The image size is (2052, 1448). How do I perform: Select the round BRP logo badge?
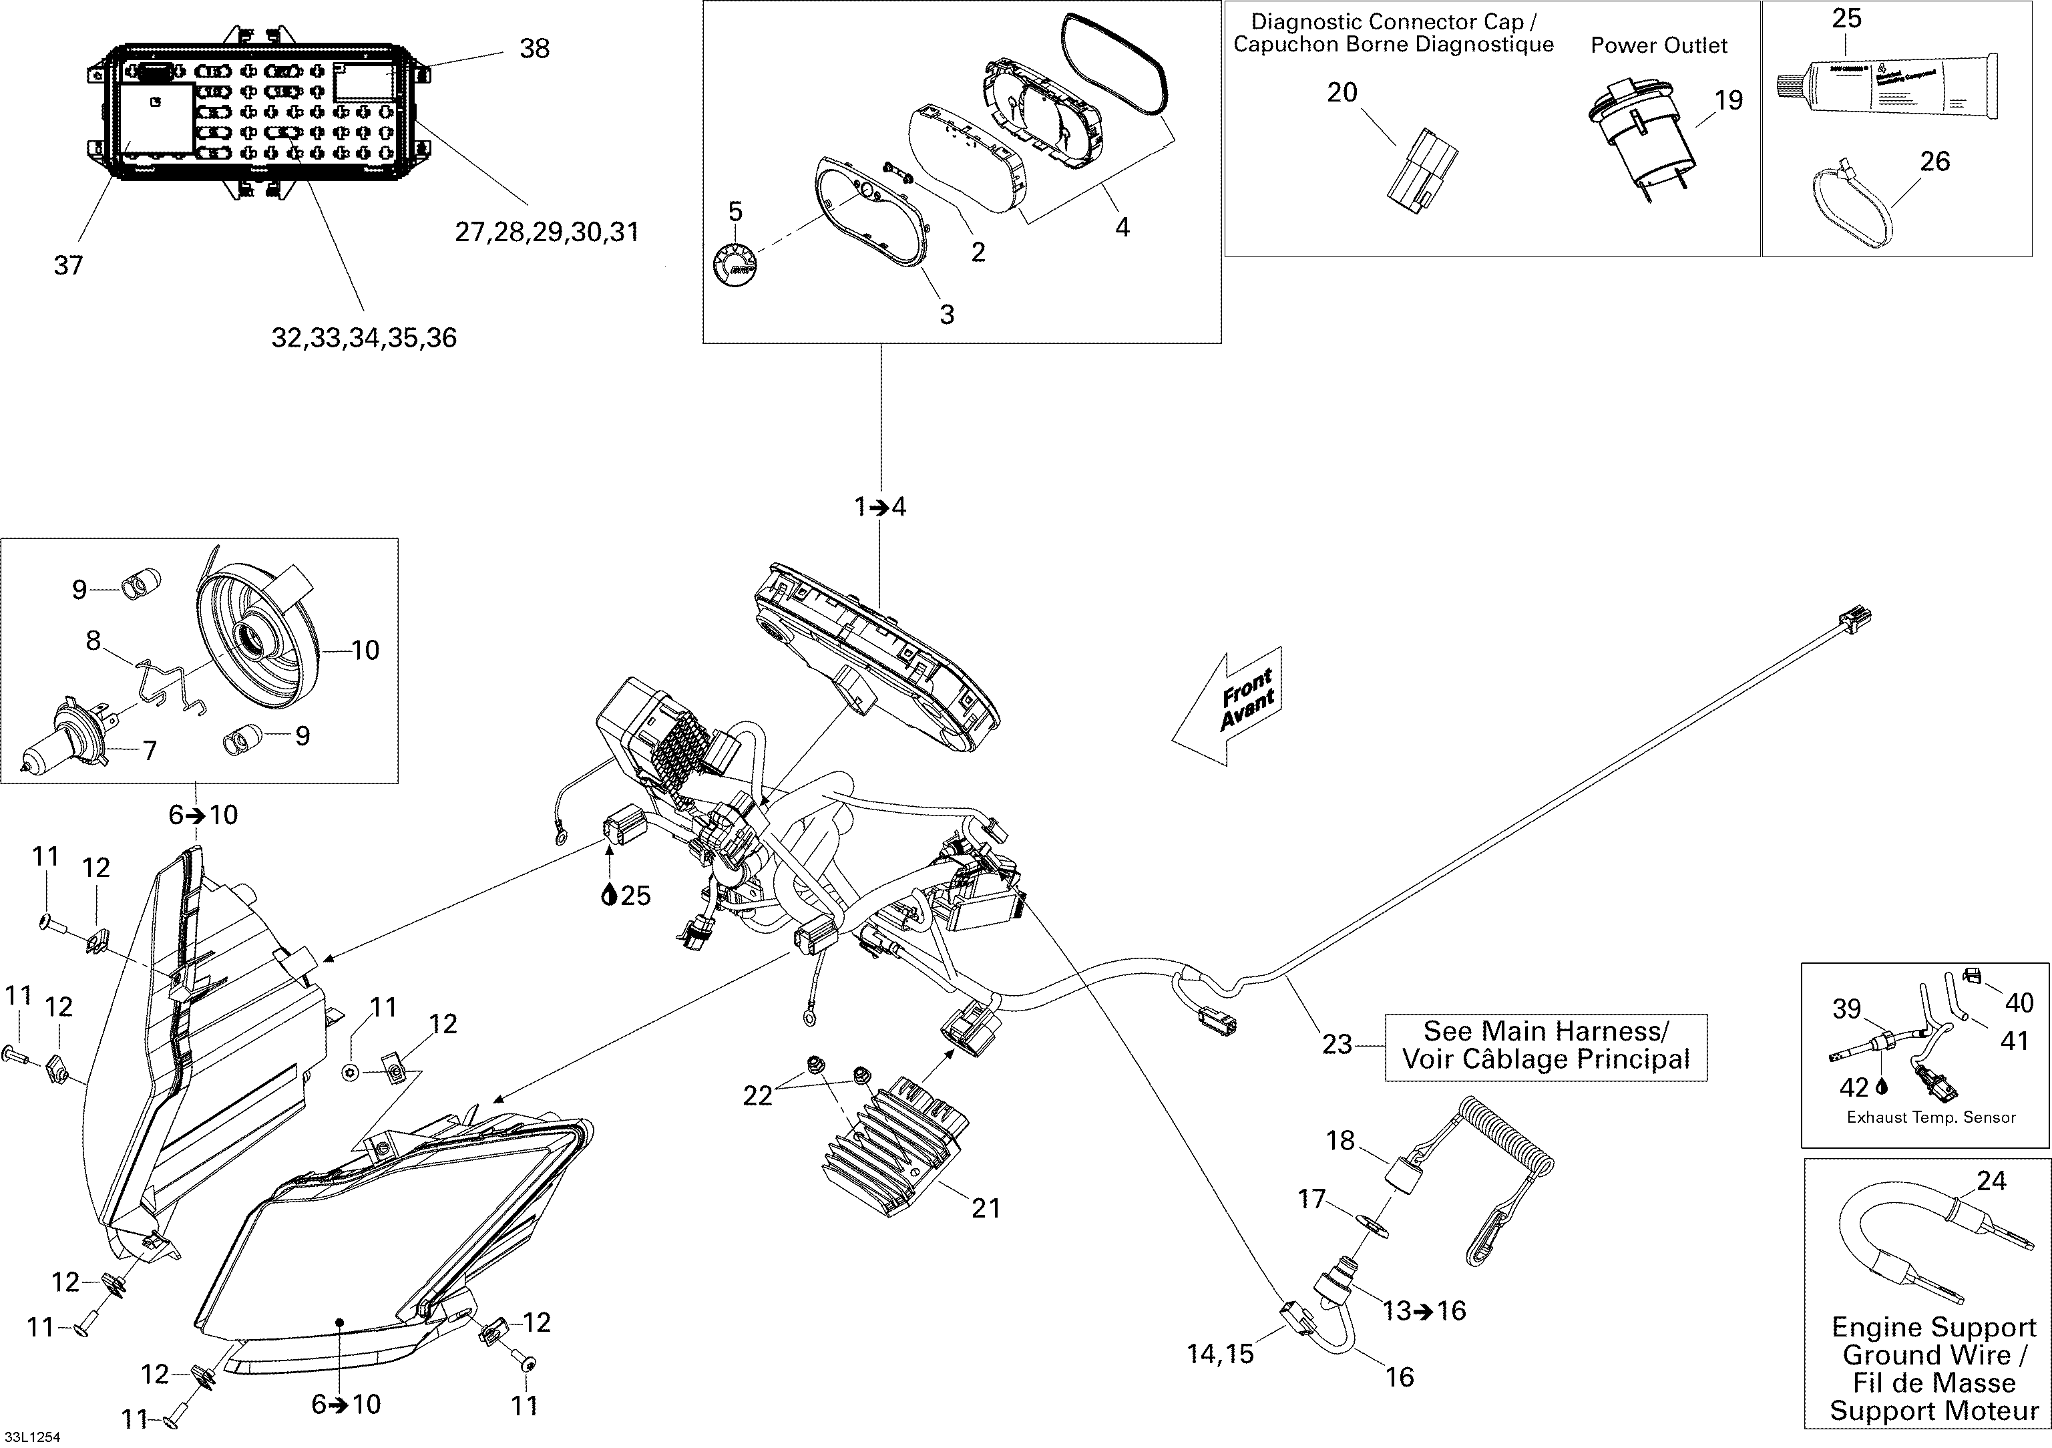(734, 264)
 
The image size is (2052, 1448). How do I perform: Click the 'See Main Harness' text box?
(1545, 1047)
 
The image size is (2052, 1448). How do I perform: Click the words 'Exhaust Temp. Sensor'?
(1931, 1117)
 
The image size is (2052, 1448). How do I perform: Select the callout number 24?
(1991, 1182)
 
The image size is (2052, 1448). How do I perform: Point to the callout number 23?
(1336, 1044)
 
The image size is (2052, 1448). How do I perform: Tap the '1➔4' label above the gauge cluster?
(880, 508)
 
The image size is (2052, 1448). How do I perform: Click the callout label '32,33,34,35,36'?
(364, 338)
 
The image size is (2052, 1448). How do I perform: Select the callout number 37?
(68, 264)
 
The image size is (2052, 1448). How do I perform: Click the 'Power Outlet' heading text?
(1659, 45)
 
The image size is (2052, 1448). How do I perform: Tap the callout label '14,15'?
(1220, 1353)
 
